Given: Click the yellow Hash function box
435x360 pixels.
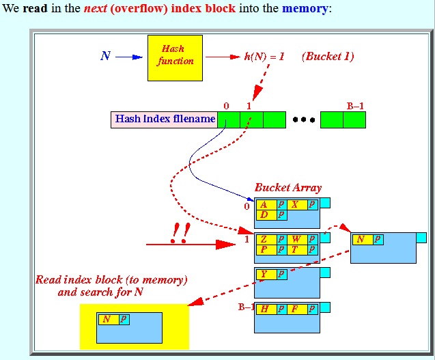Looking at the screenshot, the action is click(x=175, y=58).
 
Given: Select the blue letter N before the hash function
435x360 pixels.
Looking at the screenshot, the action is click(x=105, y=56).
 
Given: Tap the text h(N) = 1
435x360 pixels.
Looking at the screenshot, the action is click(x=264, y=57).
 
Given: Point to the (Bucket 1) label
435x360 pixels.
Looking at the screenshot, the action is click(x=328, y=57).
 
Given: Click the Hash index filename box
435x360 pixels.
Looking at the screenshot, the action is click(x=164, y=120).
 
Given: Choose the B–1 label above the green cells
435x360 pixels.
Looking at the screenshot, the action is click(x=355, y=106).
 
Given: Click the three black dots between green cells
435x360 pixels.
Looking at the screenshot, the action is click(x=304, y=120).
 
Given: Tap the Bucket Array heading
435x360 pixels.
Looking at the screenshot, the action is click(x=288, y=188).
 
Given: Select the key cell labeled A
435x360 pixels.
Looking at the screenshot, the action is click(x=266, y=205).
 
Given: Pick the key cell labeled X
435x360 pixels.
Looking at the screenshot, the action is click(x=298, y=205).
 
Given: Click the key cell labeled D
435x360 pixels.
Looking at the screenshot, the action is click(x=266, y=214).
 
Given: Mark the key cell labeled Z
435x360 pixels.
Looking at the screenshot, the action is click(x=266, y=240).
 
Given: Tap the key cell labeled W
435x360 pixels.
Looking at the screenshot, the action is click(x=298, y=240).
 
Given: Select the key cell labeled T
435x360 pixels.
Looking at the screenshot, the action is click(x=298, y=250).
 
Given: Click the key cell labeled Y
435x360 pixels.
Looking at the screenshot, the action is click(x=266, y=275).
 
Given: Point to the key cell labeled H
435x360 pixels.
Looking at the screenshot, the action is click(x=266, y=309).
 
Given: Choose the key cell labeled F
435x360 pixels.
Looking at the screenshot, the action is click(x=298, y=309).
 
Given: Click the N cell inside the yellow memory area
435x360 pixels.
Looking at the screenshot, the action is click(x=109, y=320).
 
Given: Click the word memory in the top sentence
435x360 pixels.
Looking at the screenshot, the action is click(x=305, y=9).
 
